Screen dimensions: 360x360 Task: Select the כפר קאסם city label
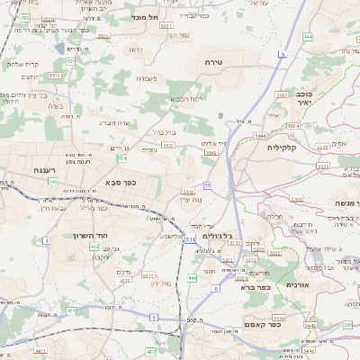pyautogui.click(x=289, y=325)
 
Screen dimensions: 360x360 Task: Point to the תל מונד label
pyautogui.click(x=139, y=17)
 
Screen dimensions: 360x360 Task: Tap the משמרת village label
pyautogui.click(x=148, y=78)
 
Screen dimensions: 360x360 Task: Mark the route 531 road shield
pyautogui.click(x=189, y=240)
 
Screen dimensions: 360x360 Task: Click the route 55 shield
pyautogui.click(x=207, y=185)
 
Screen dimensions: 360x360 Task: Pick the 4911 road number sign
pyautogui.click(x=40, y=349)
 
